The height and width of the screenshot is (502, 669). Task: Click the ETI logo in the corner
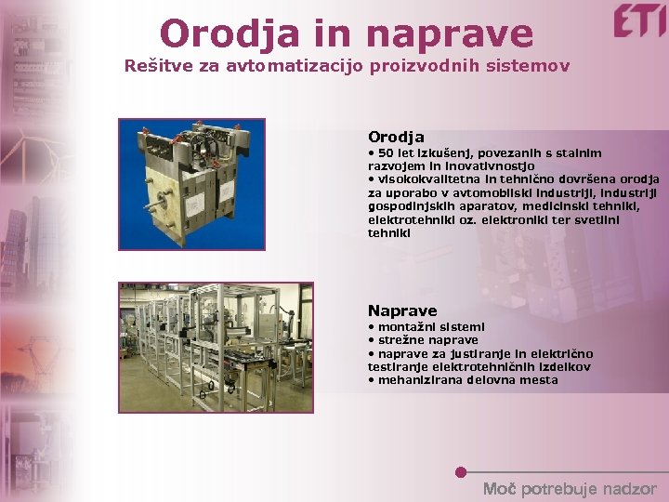639,20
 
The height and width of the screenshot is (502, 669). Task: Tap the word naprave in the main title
451,35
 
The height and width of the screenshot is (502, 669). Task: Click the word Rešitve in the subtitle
154,67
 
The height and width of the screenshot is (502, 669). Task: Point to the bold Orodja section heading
396,137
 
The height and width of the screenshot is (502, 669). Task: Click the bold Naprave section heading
401,310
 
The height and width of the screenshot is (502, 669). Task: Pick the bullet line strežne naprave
423,340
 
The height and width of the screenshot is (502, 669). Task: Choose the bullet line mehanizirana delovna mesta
463,379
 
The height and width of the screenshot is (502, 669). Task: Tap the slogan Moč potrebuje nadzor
569,489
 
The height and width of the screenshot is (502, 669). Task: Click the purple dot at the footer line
461,472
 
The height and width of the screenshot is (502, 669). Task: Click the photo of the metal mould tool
191,184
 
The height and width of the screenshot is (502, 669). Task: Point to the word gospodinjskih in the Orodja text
408,206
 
